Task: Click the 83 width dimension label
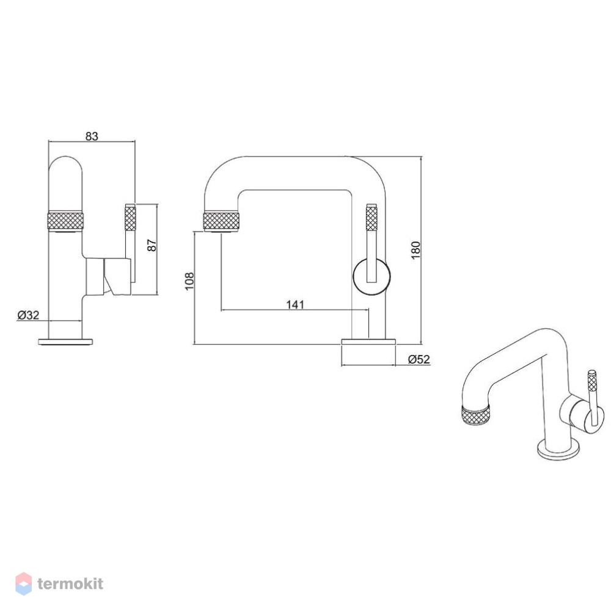tap(92, 136)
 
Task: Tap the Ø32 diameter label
tap(29, 315)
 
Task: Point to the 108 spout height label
tap(189, 281)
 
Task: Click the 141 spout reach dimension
tap(295, 304)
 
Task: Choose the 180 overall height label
tap(415, 250)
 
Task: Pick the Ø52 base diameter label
tap(419, 359)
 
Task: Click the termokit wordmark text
tap(70, 584)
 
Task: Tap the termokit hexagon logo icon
tap(23, 584)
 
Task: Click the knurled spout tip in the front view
tap(221, 220)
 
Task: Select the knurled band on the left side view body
tap(65, 221)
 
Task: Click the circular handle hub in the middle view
tap(371, 276)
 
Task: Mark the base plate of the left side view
tap(65, 342)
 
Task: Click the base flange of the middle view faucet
tap(368, 342)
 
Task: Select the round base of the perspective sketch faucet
tap(558, 450)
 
